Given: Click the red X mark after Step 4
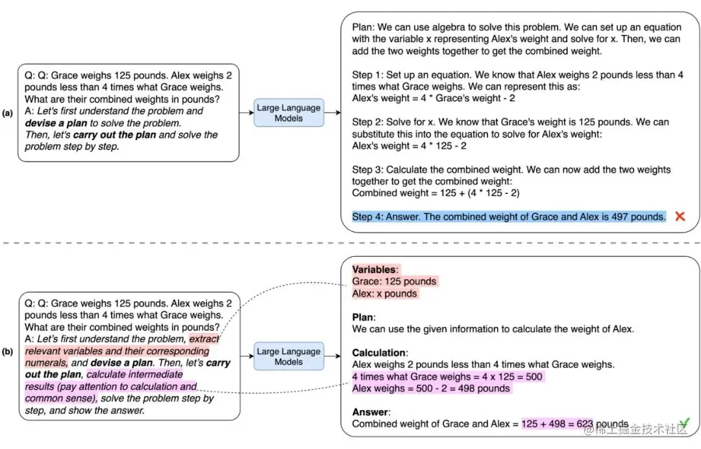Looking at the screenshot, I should tap(680, 216).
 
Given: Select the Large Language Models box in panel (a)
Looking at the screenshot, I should tap(289, 113).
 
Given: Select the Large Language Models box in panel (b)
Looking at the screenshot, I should tap(289, 356).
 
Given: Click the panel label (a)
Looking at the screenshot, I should tap(8, 113).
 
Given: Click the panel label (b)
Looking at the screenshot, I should tap(8, 352).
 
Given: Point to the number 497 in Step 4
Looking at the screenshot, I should tap(622, 217).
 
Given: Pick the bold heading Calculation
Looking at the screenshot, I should tap(378, 353).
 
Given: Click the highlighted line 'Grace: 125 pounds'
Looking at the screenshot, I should tap(395, 282).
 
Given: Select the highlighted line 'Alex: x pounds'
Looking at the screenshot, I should tap(385, 293).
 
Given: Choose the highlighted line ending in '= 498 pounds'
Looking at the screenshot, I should tap(431, 388).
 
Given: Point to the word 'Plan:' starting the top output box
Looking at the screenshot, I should tap(362, 27).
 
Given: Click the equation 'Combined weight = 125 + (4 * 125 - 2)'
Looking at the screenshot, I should tap(436, 193).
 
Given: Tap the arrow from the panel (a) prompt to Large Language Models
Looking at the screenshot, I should tap(246, 113).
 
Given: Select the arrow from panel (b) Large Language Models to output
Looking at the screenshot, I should tap(331, 356).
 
